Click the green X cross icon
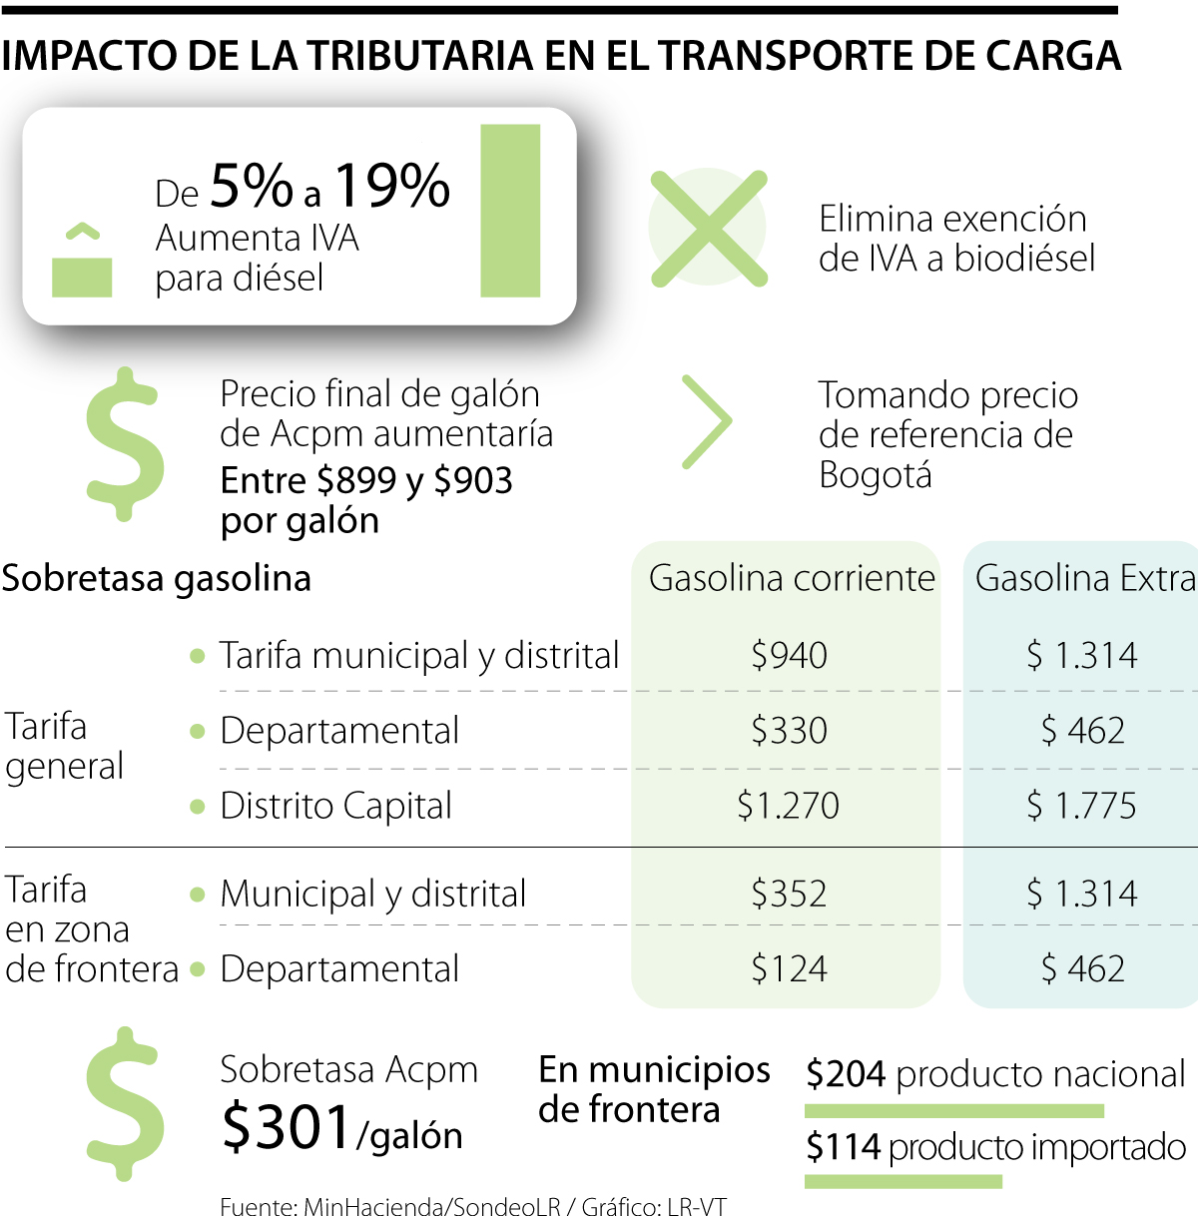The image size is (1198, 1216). click(x=709, y=229)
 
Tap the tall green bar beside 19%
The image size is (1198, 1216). click(x=510, y=211)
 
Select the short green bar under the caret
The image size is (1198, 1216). click(x=82, y=277)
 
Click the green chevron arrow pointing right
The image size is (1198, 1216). click(x=707, y=421)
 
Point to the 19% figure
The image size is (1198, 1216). click(x=392, y=186)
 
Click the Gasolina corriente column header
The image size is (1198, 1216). click(x=792, y=578)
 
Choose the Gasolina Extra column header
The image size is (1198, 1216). click(x=1085, y=578)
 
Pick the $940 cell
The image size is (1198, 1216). click(x=789, y=655)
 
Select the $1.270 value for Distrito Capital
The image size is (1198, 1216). click(x=788, y=806)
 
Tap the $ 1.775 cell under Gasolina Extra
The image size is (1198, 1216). click(x=1083, y=806)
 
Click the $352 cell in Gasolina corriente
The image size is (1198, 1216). click(x=789, y=894)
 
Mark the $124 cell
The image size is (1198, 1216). click(x=789, y=968)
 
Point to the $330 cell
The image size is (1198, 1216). click(x=789, y=730)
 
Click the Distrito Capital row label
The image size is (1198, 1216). click(x=335, y=806)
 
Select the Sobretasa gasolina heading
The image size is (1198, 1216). click(x=157, y=578)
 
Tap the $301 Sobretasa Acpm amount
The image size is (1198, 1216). click(x=287, y=1126)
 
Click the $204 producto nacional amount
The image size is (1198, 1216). click(x=846, y=1074)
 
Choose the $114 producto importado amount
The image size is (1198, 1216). click(x=844, y=1148)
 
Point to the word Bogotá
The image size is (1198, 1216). click(x=876, y=474)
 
